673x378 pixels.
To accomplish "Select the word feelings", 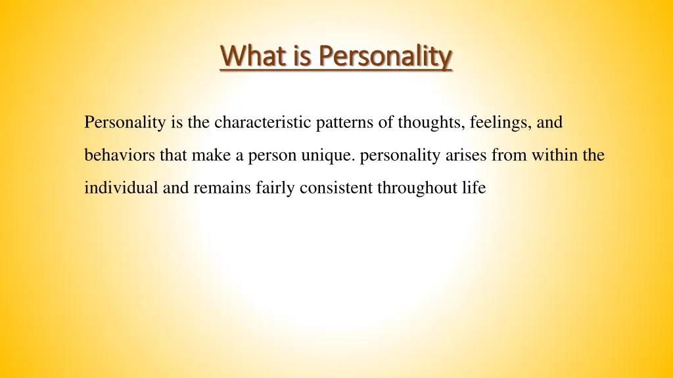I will pyautogui.click(x=495, y=123).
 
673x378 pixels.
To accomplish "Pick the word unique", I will pyautogui.click(x=333, y=156).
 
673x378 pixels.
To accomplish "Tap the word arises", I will pyautogui.click(x=466, y=156).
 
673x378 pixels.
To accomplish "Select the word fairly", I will pyautogui.click(x=276, y=188).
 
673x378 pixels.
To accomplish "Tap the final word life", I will pyautogui.click(x=475, y=188).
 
